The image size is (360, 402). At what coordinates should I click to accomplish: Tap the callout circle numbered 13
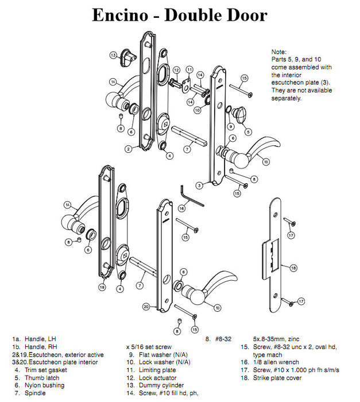pyautogui.click(x=114, y=56)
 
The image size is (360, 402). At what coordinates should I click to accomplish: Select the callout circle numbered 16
pyautogui.click(x=181, y=208)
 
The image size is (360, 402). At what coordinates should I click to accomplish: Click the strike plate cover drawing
pyautogui.click(x=274, y=252)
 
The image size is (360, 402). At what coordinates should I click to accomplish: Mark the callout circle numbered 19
pyautogui.click(x=102, y=287)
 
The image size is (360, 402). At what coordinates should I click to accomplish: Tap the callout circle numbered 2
pyautogui.click(x=129, y=149)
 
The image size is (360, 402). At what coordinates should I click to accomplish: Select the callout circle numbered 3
pyautogui.click(x=199, y=185)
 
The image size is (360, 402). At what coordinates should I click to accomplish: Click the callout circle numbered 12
pyautogui.click(x=176, y=71)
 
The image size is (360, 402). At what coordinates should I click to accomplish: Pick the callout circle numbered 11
pyautogui.click(x=189, y=69)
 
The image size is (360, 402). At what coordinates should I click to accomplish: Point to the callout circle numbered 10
pyautogui.click(x=197, y=110)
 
